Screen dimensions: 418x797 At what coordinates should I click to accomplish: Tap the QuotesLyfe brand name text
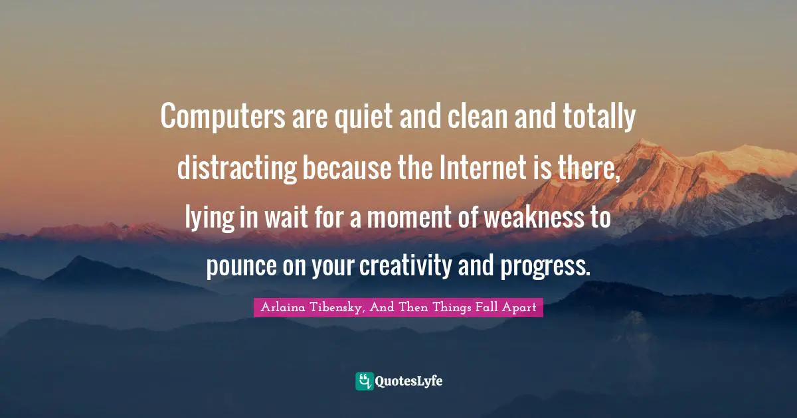(x=409, y=381)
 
